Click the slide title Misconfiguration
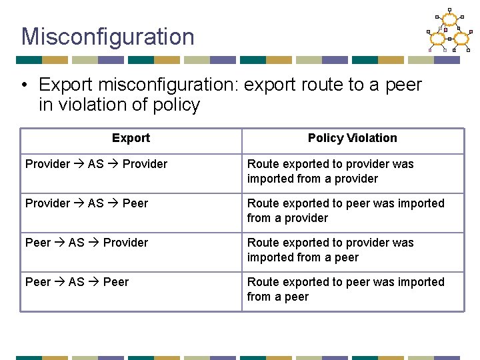tap(107, 37)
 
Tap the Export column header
tap(131, 138)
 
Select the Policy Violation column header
tap(352, 138)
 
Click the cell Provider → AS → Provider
tap(97, 164)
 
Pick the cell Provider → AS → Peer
tap(87, 203)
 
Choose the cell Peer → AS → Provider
tap(87, 243)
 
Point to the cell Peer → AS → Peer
tap(77, 282)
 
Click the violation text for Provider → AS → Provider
tap(331, 171)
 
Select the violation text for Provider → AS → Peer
tap(345, 211)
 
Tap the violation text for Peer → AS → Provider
tap(331, 250)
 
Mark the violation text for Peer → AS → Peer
tap(345, 289)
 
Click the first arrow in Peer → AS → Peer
tap(60, 282)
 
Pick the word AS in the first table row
tap(96, 164)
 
